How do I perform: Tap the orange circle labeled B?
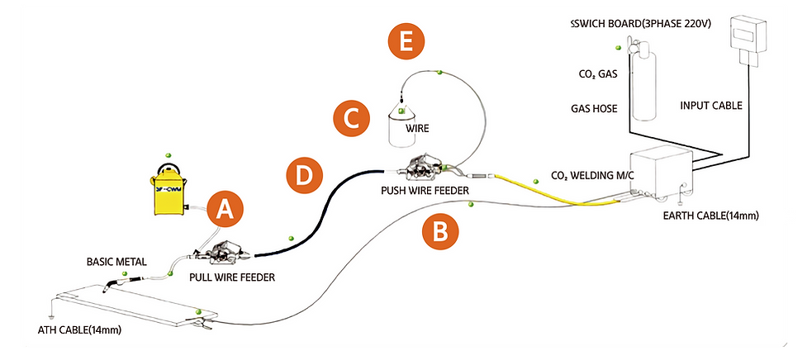click(x=441, y=232)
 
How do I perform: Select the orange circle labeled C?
click(x=351, y=118)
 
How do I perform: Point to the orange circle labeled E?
click(x=407, y=42)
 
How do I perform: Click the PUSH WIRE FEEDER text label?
click(x=425, y=191)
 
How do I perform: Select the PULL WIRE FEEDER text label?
click(x=232, y=278)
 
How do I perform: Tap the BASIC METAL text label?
click(x=116, y=262)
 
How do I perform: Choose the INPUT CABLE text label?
click(x=710, y=106)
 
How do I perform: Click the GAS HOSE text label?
click(x=595, y=108)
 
